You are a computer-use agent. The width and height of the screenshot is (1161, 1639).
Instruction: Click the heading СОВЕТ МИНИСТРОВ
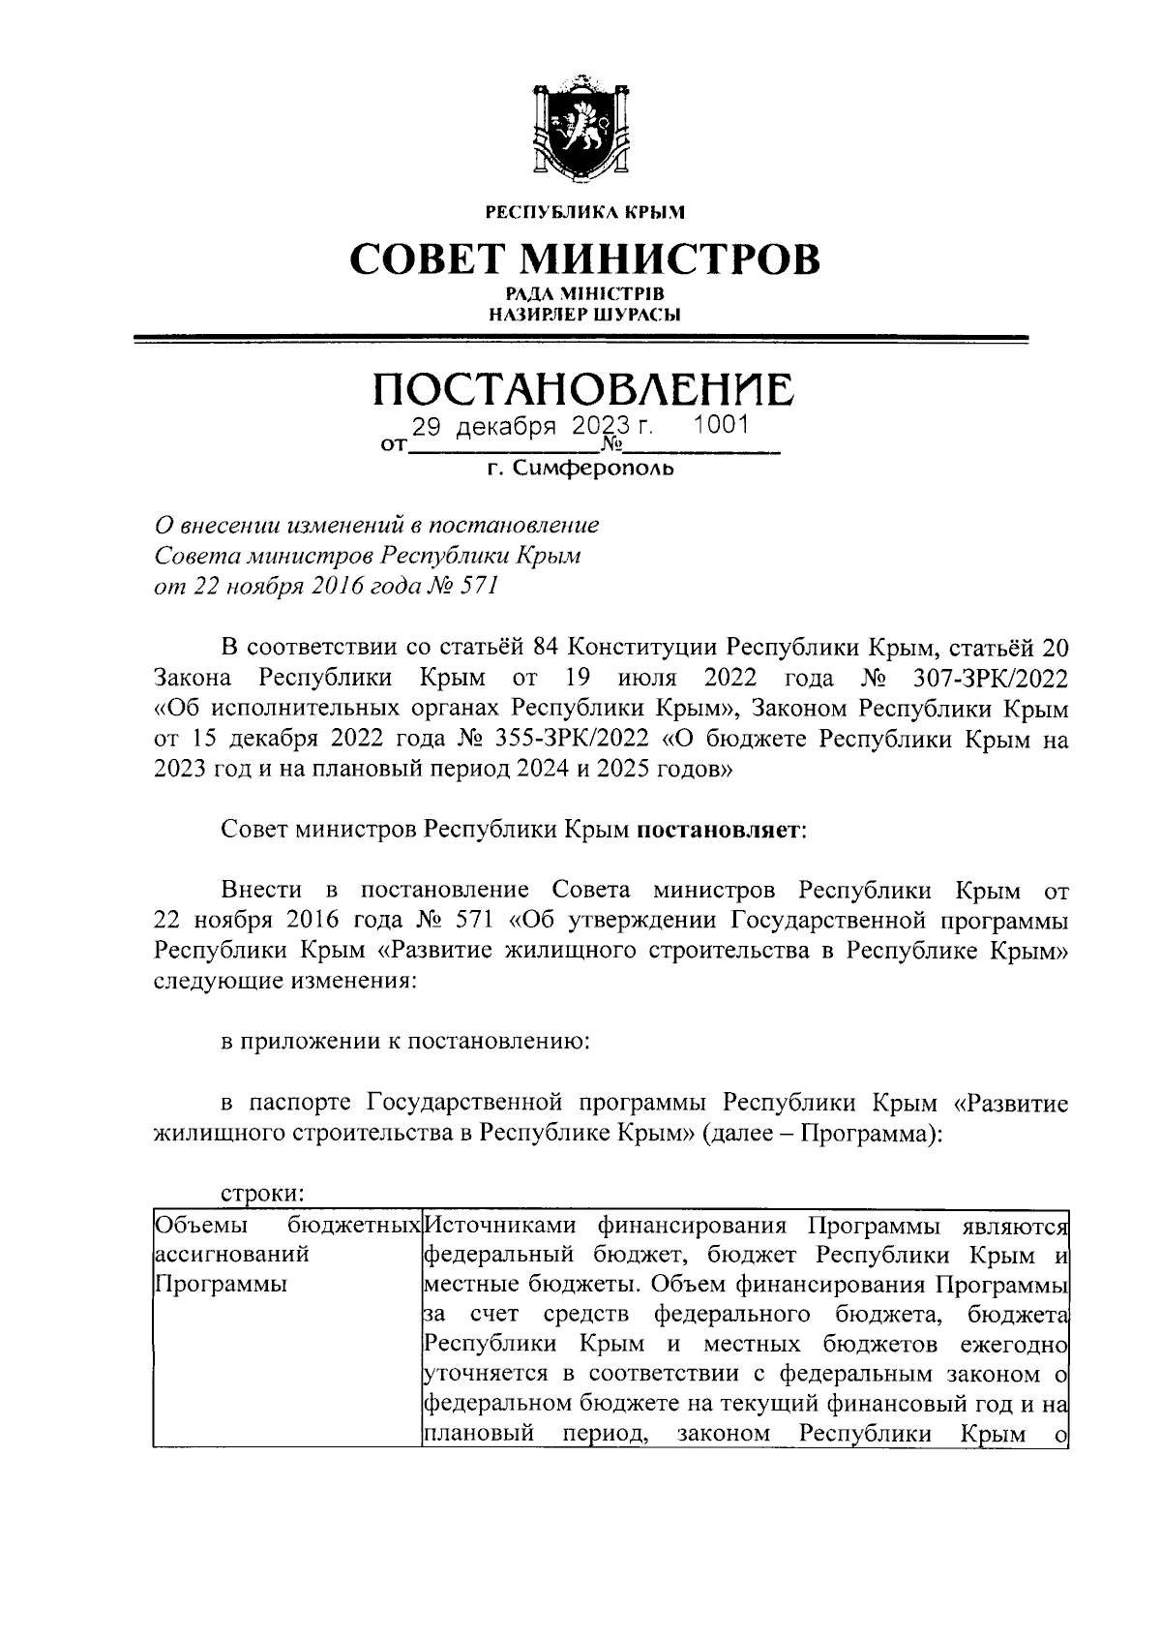tap(583, 259)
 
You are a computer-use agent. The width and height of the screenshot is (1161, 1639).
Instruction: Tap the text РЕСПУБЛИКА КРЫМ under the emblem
tap(583, 210)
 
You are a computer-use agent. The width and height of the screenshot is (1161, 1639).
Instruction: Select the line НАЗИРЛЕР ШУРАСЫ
tap(582, 314)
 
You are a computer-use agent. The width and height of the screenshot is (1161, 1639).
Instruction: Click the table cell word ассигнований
tap(232, 1256)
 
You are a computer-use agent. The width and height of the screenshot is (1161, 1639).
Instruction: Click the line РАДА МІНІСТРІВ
tap(582, 293)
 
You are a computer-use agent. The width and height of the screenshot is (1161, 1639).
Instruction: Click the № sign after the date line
tap(611, 445)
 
